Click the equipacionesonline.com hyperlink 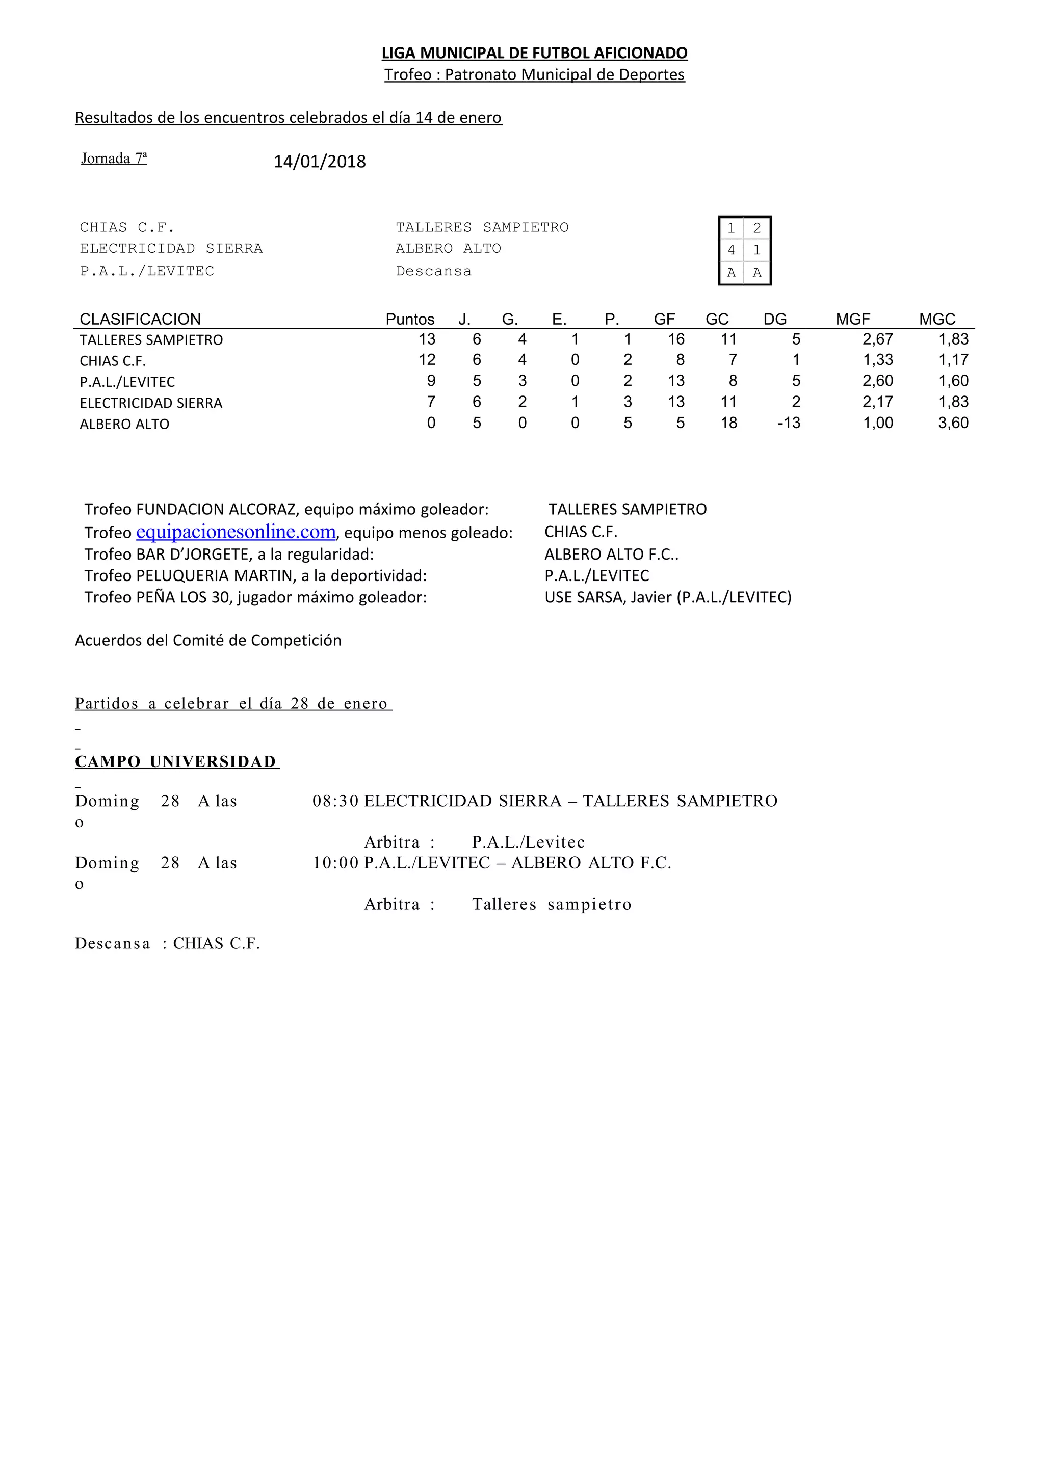coord(236,532)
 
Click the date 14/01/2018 coord(320,162)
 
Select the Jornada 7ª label coord(114,158)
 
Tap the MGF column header coord(852,319)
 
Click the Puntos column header coord(410,319)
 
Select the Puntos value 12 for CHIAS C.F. coord(427,360)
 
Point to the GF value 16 coord(675,339)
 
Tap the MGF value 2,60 coord(877,381)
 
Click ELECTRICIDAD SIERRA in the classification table coord(151,403)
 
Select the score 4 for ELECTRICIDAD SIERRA coord(730,250)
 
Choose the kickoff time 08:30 coord(335,801)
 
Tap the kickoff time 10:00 coord(335,863)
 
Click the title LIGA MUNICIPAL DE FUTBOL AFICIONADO coord(535,53)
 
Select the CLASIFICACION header coord(140,319)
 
